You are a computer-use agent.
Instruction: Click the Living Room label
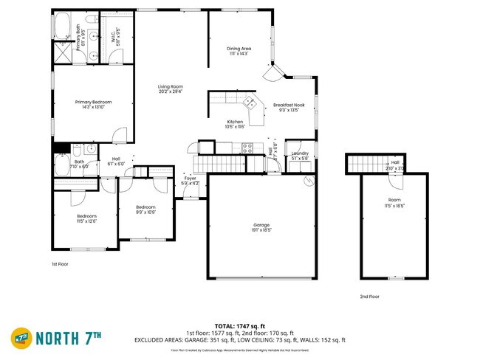pos(170,89)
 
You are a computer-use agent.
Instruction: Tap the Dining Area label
pos(239,51)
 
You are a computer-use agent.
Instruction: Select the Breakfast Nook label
pos(289,108)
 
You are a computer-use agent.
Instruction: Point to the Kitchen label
pos(235,124)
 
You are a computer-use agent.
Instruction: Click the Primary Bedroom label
pos(93,105)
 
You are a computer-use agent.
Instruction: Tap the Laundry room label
pos(299,156)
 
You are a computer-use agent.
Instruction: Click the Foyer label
pos(190,180)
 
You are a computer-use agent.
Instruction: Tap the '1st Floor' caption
pos(61,263)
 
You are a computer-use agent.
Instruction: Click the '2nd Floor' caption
pos(369,296)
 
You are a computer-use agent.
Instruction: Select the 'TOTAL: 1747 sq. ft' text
pos(240,325)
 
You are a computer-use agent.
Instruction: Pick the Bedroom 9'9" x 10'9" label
pos(145,210)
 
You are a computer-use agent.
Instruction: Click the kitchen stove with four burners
pos(248,147)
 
